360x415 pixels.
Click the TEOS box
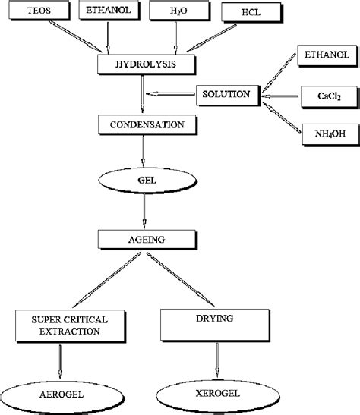click(39, 11)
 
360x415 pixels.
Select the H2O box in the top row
click(179, 11)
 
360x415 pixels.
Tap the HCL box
click(252, 12)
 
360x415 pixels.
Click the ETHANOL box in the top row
click(109, 11)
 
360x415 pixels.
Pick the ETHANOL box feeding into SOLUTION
click(327, 55)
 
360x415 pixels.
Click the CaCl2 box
click(330, 96)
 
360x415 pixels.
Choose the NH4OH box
click(331, 135)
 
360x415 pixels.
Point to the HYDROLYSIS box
click(147, 64)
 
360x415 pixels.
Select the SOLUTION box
click(229, 96)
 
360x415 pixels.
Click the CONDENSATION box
click(147, 125)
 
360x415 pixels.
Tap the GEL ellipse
click(147, 181)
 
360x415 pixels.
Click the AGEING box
click(147, 240)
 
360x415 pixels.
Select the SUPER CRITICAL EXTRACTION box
click(70, 326)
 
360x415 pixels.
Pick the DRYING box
click(215, 325)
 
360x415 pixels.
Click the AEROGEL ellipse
click(62, 397)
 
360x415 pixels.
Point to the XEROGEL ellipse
click(218, 396)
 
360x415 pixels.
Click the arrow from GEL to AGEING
click(144, 211)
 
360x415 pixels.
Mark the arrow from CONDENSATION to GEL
click(144, 150)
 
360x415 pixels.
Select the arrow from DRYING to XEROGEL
click(217, 360)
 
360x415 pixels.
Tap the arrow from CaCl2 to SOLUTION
click(281, 96)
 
